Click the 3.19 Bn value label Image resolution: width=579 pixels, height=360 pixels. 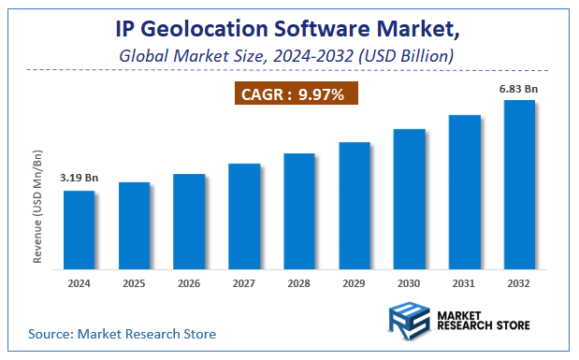(79, 177)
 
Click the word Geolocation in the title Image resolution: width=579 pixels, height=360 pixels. (210, 30)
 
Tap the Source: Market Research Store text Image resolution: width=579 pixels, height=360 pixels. (123, 333)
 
